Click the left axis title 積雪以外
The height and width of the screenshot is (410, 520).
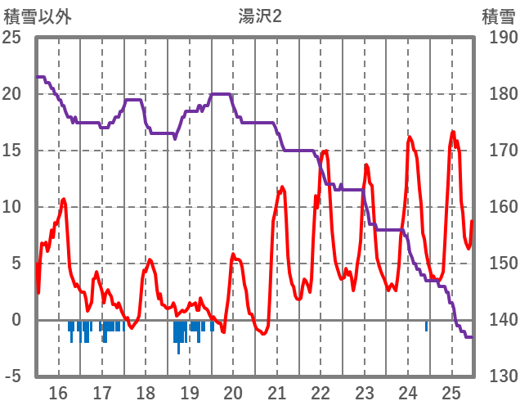click(38, 16)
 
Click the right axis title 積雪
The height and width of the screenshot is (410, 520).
click(498, 16)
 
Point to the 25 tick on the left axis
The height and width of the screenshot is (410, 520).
click(12, 38)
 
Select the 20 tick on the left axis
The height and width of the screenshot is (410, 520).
click(12, 94)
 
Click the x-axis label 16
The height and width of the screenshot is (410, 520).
click(58, 393)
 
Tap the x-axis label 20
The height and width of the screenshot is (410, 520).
click(233, 393)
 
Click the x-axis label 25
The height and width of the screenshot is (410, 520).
click(451, 393)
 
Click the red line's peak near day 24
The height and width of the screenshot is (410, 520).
click(410, 137)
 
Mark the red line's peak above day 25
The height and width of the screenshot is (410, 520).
click(452, 132)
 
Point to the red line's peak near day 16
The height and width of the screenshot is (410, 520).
click(64, 199)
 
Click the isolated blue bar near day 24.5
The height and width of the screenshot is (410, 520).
click(426, 326)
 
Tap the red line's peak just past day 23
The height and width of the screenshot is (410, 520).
click(365, 165)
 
